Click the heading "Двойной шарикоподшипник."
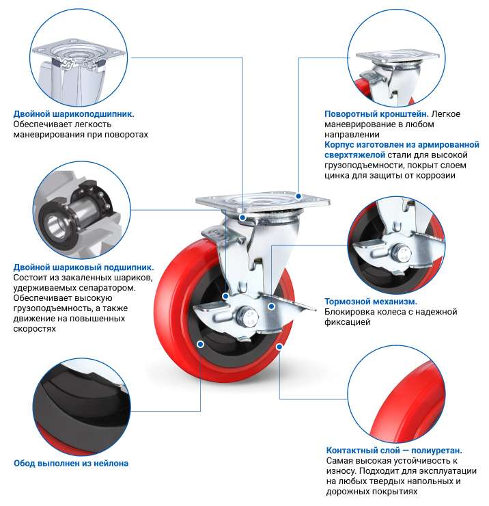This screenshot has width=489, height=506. click(74, 114)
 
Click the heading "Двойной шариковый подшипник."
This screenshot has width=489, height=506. click(83, 267)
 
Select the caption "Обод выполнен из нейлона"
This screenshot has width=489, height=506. click(71, 464)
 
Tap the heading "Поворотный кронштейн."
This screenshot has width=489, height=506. click(376, 114)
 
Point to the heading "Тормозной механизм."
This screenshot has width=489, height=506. click(371, 302)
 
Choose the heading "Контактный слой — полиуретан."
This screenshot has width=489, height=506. click(394, 450)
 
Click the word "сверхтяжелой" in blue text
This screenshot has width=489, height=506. click(354, 155)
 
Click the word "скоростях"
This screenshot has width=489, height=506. click(35, 329)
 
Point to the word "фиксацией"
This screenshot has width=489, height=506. click(347, 322)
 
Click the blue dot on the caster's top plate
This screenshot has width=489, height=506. click(298, 196)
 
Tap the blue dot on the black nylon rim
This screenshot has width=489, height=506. click(200, 345)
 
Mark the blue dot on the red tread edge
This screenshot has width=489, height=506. click(279, 347)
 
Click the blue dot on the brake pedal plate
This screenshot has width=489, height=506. click(271, 306)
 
